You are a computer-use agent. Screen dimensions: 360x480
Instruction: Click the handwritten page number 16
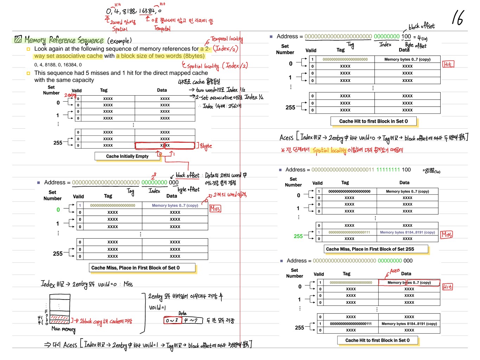[x=458, y=18]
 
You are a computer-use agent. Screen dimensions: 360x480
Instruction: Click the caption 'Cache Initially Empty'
[x=127, y=156]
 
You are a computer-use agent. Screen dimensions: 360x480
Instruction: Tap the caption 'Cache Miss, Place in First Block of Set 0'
[x=135, y=268]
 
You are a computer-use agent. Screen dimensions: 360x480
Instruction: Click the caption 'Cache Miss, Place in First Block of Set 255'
[x=370, y=249]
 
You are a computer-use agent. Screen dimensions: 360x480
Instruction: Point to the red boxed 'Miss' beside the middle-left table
[x=215, y=209]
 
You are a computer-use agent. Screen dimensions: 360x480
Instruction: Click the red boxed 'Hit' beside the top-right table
[x=448, y=64]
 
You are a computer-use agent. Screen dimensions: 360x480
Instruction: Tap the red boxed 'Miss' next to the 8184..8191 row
[x=447, y=234]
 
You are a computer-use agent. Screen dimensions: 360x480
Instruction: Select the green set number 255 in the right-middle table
[x=298, y=236]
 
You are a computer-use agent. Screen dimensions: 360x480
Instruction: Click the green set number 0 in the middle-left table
[x=58, y=210]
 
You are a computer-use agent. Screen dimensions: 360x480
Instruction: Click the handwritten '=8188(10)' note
[x=431, y=171]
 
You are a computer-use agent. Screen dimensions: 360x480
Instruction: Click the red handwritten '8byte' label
[x=206, y=146]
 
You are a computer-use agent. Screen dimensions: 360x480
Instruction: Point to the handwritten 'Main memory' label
[x=63, y=329]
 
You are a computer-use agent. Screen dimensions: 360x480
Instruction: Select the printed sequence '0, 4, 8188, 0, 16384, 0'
[x=58, y=65]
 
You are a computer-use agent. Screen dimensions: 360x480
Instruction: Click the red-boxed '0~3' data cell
[x=172, y=321]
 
